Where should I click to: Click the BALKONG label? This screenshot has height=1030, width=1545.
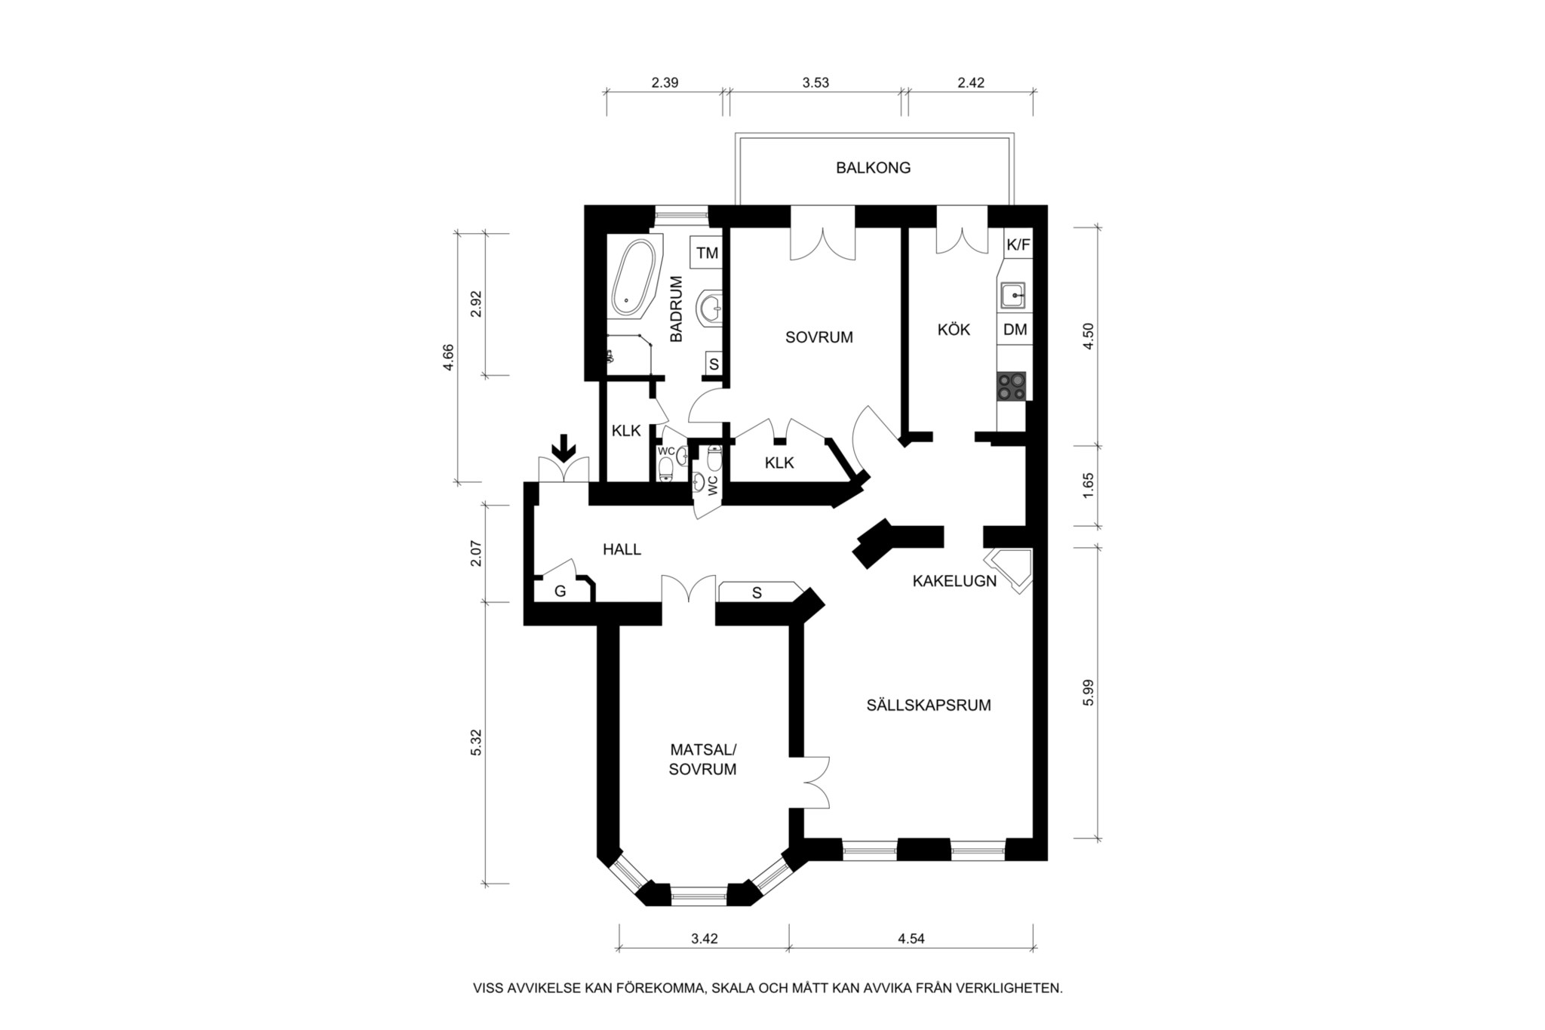[873, 168]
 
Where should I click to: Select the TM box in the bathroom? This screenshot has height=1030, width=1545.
[707, 253]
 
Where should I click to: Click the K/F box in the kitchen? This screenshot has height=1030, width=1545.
[1018, 244]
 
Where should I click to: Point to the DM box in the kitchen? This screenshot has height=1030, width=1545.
[1015, 330]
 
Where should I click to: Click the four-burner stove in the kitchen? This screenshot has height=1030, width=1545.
[1012, 386]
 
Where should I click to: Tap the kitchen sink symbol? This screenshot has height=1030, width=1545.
[1013, 295]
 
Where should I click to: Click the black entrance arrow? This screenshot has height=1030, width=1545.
[562, 448]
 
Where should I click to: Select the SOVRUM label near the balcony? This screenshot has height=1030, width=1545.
[819, 337]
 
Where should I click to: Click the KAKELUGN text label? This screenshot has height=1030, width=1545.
[954, 581]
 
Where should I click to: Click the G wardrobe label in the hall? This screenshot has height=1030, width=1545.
[560, 592]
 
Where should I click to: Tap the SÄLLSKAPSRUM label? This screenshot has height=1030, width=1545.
[928, 706]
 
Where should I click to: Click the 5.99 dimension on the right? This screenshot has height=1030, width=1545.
[1087, 692]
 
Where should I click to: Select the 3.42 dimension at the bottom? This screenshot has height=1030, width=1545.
[704, 939]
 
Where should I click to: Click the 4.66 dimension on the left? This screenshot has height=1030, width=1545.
[449, 357]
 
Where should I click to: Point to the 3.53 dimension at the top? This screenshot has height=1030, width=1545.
[816, 83]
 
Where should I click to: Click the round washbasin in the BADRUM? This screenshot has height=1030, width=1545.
[709, 308]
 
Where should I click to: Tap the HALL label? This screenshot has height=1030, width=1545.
[622, 549]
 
